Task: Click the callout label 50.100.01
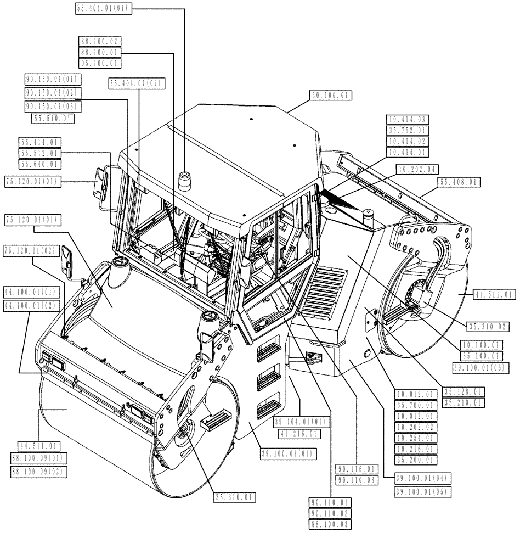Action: pos(330,96)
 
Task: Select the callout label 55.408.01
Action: pos(459,182)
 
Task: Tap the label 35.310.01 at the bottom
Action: pos(235,497)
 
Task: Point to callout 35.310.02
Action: pos(487,326)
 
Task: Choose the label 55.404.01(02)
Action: pos(137,83)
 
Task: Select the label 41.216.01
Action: pos(296,433)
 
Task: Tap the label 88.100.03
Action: pos(331,524)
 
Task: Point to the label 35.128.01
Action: pos(464,392)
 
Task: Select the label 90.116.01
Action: pos(357,469)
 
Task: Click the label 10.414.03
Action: pos(408,119)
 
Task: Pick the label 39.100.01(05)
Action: pos(422,492)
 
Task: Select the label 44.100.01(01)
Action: pos(31,292)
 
